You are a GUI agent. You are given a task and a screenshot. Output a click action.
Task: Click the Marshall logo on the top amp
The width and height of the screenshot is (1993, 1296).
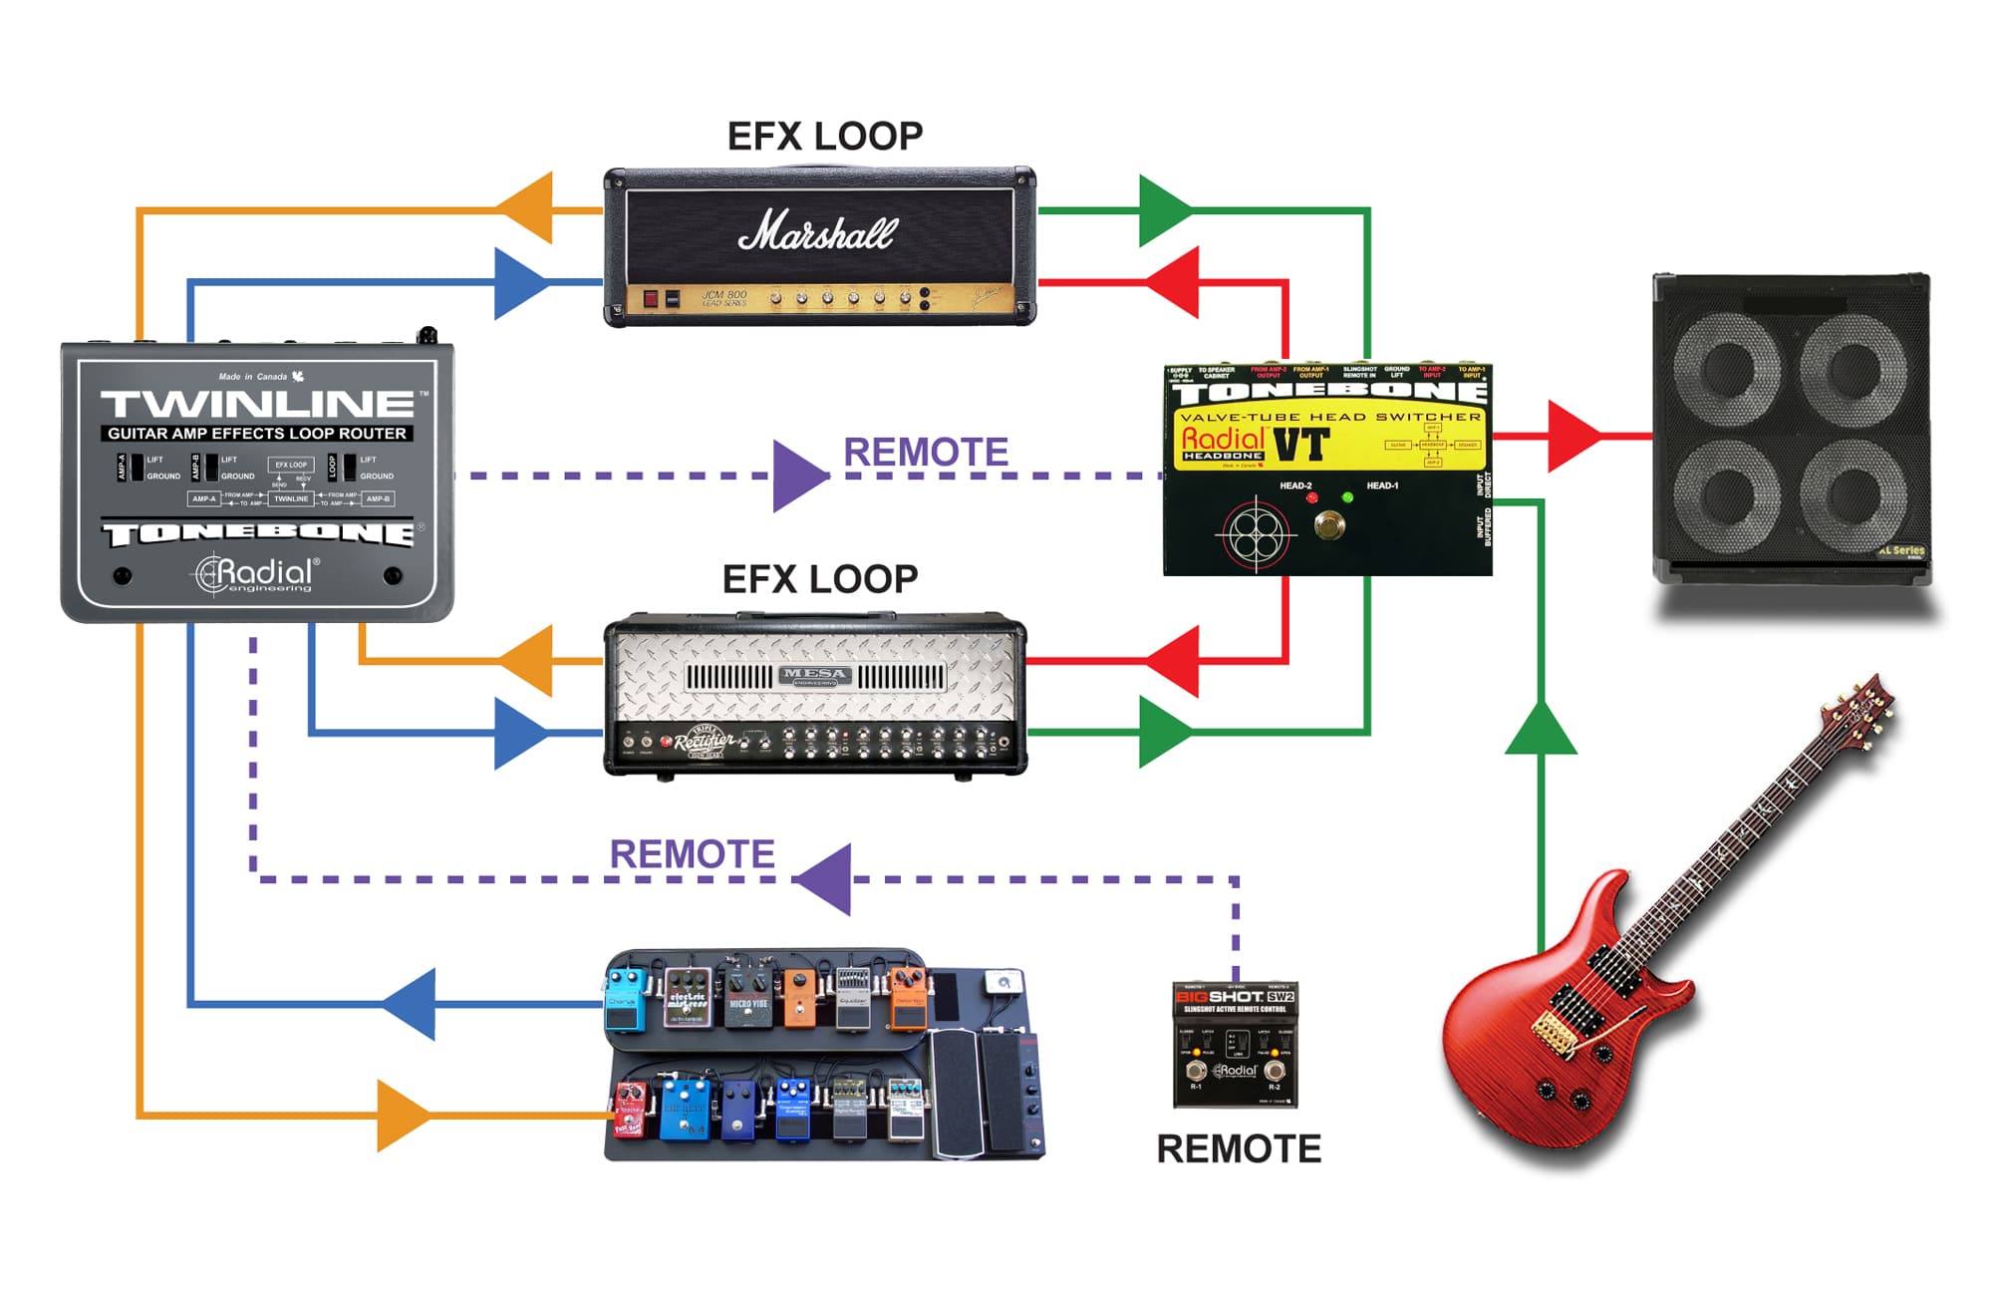tap(817, 232)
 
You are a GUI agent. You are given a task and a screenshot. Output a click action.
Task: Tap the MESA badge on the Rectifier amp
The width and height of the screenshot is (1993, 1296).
tap(815, 676)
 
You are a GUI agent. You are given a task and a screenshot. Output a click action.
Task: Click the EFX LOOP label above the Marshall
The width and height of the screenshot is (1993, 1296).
tap(824, 137)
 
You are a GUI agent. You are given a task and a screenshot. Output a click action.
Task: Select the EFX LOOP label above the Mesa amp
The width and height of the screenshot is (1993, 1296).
tap(819, 579)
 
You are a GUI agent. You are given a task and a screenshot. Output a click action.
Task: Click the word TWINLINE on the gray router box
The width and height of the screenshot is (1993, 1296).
tap(257, 404)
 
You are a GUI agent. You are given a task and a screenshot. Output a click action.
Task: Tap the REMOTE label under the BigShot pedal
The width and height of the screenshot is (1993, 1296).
tap(1238, 1148)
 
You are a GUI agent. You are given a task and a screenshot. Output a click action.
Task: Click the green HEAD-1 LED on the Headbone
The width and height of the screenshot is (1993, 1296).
tap(1347, 496)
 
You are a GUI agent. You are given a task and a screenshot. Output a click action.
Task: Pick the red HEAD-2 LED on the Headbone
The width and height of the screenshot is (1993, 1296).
tap(1311, 496)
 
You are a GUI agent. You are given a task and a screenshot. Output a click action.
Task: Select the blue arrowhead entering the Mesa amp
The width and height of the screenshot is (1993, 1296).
tap(520, 733)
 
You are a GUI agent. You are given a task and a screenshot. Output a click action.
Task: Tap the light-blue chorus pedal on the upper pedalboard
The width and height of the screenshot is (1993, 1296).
tap(625, 1002)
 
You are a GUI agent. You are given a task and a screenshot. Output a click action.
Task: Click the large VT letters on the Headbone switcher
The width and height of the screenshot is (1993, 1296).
tap(1300, 446)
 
